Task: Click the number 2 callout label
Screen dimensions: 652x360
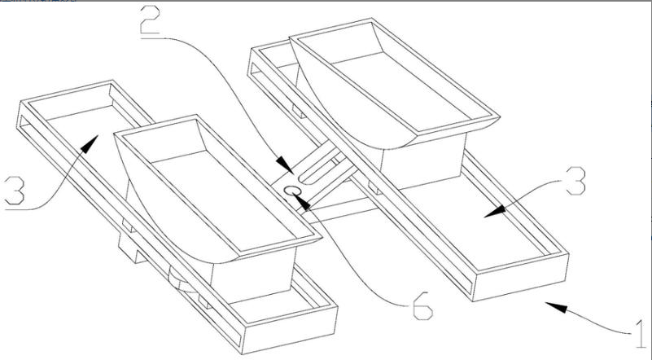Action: [x=150, y=20]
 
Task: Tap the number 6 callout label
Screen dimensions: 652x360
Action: [x=423, y=306]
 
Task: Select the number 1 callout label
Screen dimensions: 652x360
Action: [x=641, y=334]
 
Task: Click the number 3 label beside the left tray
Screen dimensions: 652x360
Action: [x=15, y=191]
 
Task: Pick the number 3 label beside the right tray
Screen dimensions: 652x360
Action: [x=575, y=181]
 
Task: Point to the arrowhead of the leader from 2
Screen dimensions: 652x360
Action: [x=285, y=165]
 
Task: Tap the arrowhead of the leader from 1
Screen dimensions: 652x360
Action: [x=557, y=307]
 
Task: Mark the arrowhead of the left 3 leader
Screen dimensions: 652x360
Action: [x=90, y=144]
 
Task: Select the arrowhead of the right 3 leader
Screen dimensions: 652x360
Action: [x=495, y=212]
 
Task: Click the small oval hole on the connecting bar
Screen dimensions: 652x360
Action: [x=292, y=191]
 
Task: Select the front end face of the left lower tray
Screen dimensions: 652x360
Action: [x=290, y=330]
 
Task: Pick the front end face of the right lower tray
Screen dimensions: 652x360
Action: [x=521, y=277]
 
